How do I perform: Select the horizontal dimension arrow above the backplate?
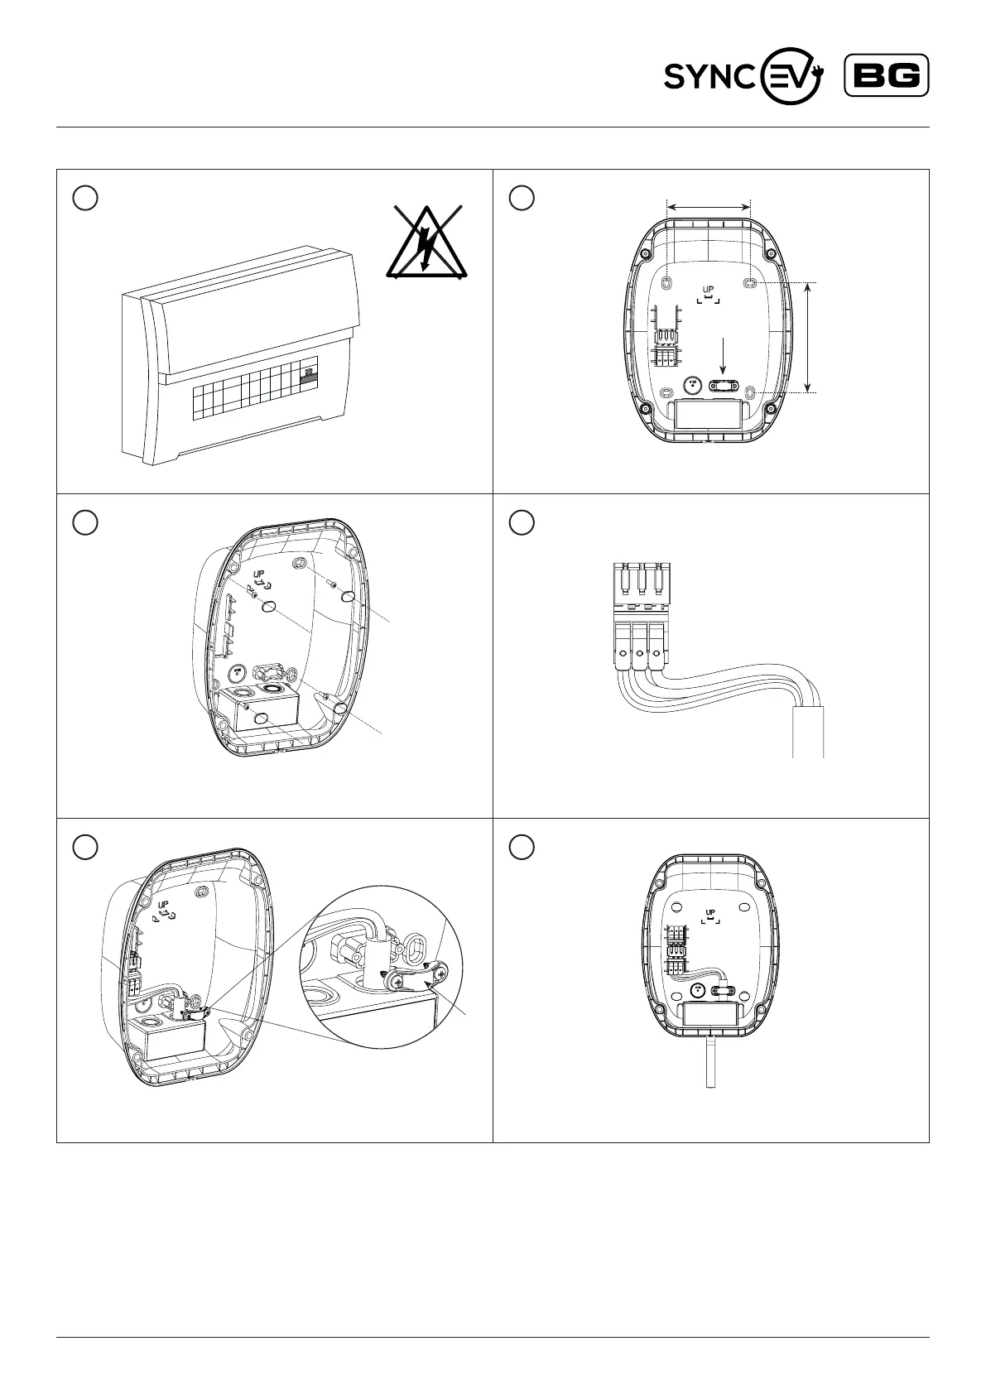point(708,207)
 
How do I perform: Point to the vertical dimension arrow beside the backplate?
point(809,336)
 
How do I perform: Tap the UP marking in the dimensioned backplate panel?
point(708,291)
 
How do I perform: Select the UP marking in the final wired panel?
point(709,914)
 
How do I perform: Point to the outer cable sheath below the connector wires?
point(809,732)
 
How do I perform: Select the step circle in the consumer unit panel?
point(85,197)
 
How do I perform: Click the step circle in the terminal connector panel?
point(522,522)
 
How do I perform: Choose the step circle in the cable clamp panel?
point(85,847)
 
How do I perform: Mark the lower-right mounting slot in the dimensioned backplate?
point(750,392)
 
